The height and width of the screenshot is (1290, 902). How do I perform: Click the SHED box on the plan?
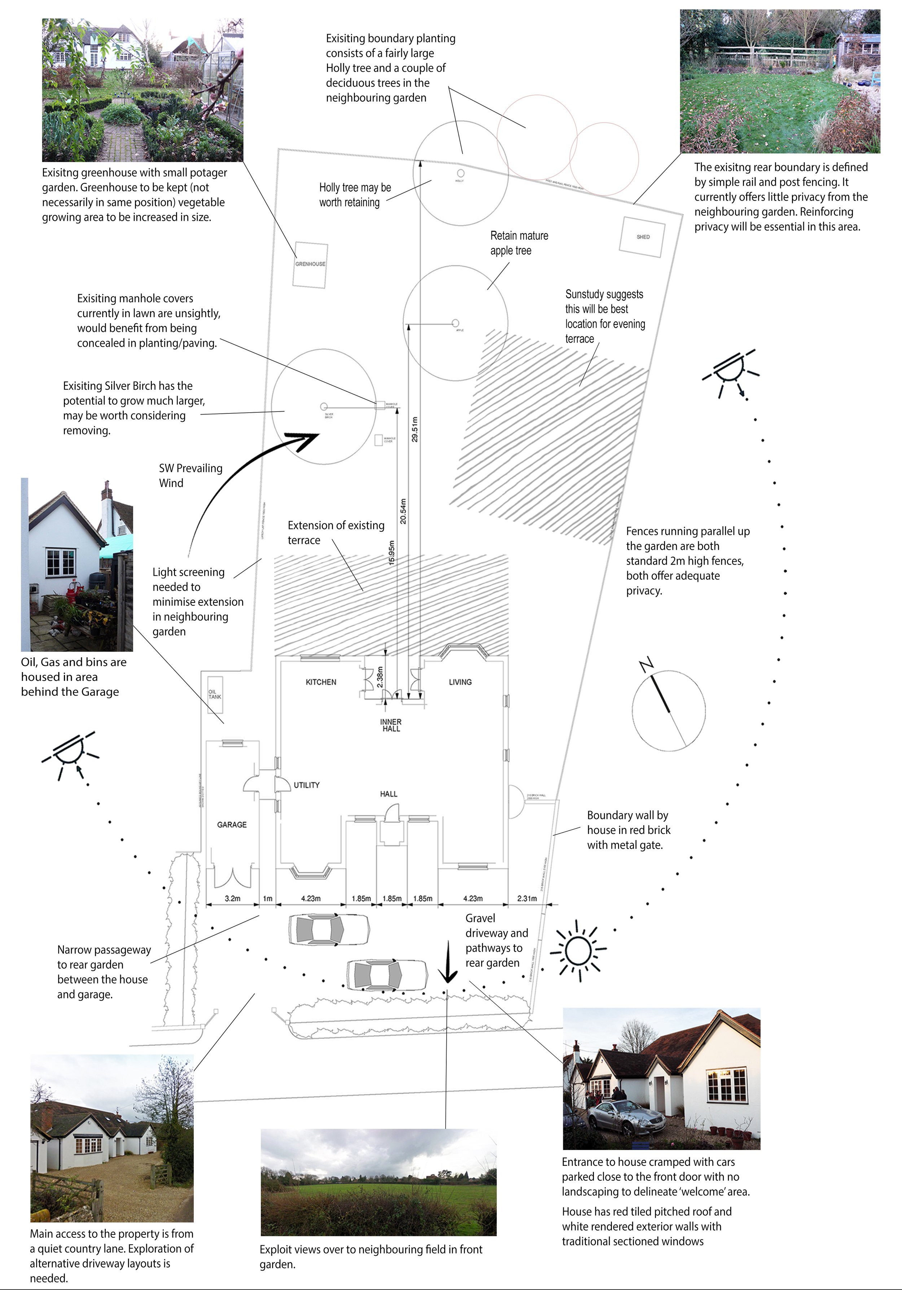[x=643, y=237]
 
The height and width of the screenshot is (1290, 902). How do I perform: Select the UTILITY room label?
[x=306, y=785]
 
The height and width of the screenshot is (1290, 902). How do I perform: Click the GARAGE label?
[x=232, y=824]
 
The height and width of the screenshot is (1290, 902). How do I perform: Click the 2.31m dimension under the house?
[x=527, y=898]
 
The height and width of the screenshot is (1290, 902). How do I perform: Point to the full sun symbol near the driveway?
[x=578, y=951]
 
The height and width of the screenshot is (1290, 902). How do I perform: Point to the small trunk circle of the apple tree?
[x=455, y=323]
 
